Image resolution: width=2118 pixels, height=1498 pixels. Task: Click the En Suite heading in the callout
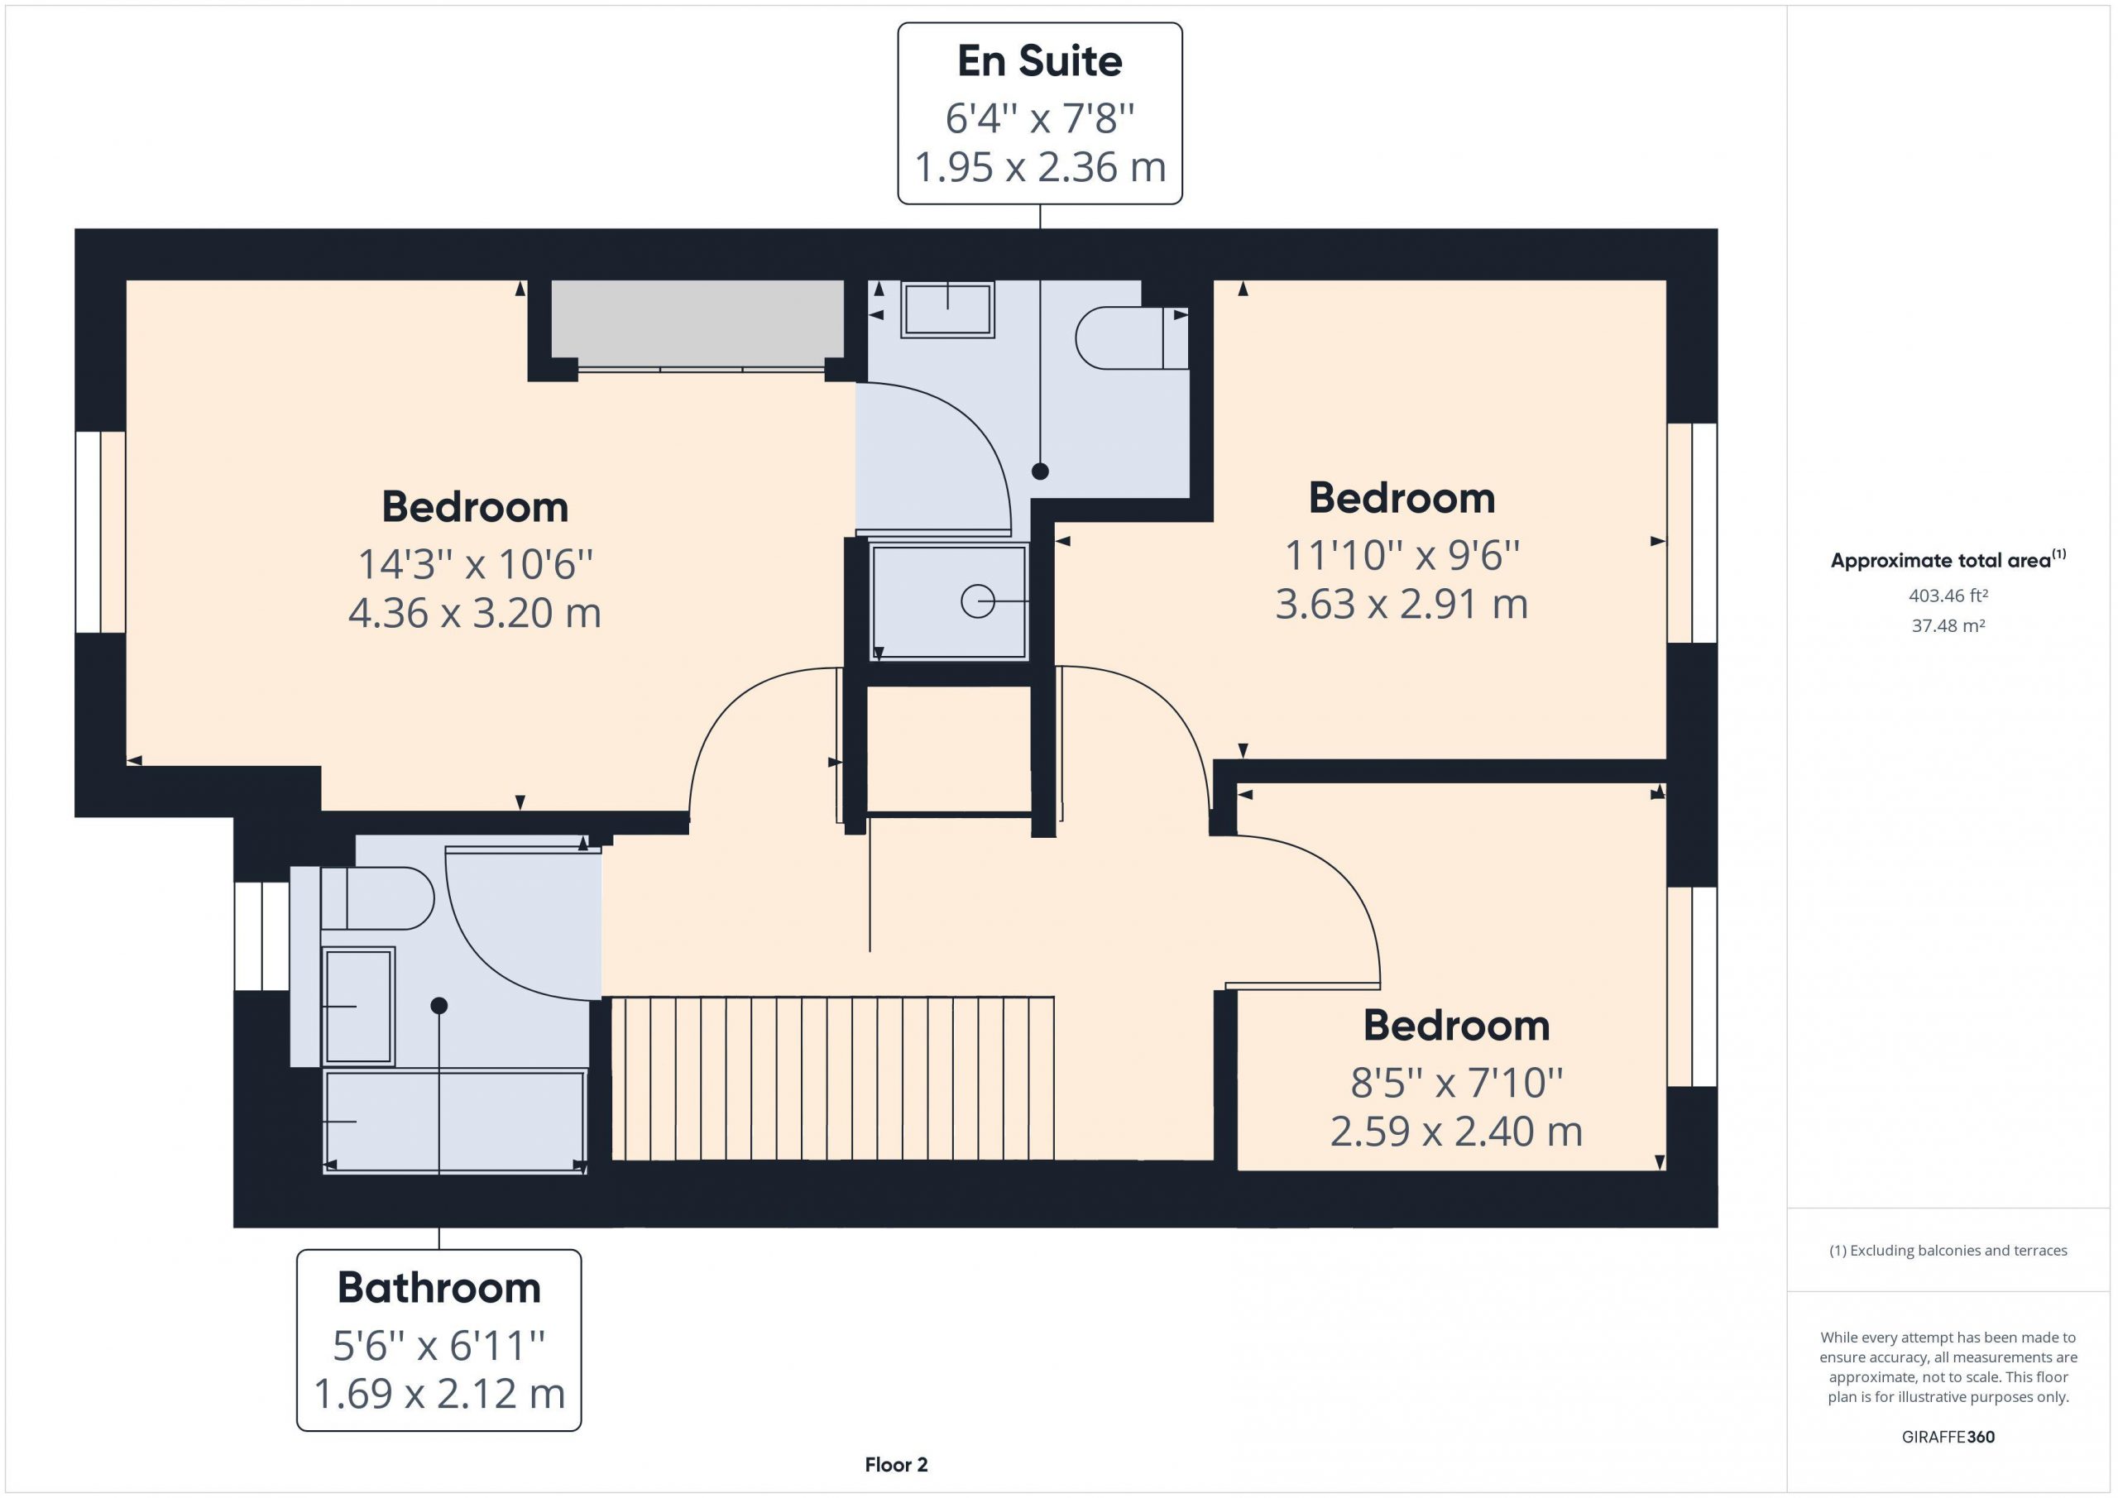(x=1040, y=62)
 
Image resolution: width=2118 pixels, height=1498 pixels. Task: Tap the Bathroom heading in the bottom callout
(x=439, y=1288)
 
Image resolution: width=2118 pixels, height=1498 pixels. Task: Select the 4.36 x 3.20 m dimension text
(x=475, y=612)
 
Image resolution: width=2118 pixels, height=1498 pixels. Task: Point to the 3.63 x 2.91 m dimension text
(x=1402, y=604)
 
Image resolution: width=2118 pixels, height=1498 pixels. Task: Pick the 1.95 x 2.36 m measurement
(x=1040, y=167)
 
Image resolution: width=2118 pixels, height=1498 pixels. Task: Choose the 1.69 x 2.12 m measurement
(x=439, y=1394)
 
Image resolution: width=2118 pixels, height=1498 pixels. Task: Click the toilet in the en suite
(x=1132, y=337)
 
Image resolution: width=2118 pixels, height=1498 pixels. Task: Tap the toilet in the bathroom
(x=377, y=897)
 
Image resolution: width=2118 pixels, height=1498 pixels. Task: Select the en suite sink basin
(x=947, y=309)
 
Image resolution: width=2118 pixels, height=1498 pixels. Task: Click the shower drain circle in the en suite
(x=978, y=601)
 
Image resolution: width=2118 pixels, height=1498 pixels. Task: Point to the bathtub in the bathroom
(x=455, y=1121)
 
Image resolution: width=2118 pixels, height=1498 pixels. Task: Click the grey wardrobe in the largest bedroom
(x=697, y=319)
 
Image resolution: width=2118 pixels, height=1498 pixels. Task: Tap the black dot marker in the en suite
(x=1041, y=471)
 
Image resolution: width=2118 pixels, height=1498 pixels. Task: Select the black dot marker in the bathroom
(x=439, y=1006)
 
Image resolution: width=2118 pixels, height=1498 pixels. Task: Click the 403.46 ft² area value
(x=1948, y=596)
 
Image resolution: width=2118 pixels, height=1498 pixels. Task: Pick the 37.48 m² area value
(x=1948, y=625)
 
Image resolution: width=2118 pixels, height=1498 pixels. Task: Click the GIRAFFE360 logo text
(x=1948, y=1437)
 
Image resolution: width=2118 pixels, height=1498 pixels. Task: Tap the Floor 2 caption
(x=896, y=1465)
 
